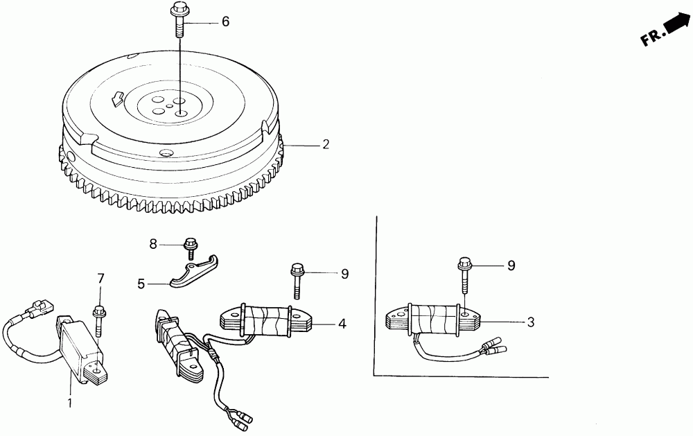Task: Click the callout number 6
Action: coord(225,22)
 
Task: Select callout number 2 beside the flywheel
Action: coord(325,145)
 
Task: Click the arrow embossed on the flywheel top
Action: coord(116,99)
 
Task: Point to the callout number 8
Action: coord(154,243)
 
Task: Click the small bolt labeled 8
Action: coord(189,245)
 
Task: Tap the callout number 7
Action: coord(100,279)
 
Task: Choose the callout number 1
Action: coord(69,402)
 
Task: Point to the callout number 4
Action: coord(342,323)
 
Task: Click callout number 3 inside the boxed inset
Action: coord(530,322)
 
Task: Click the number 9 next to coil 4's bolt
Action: coord(344,274)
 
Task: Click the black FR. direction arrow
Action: coord(676,24)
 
